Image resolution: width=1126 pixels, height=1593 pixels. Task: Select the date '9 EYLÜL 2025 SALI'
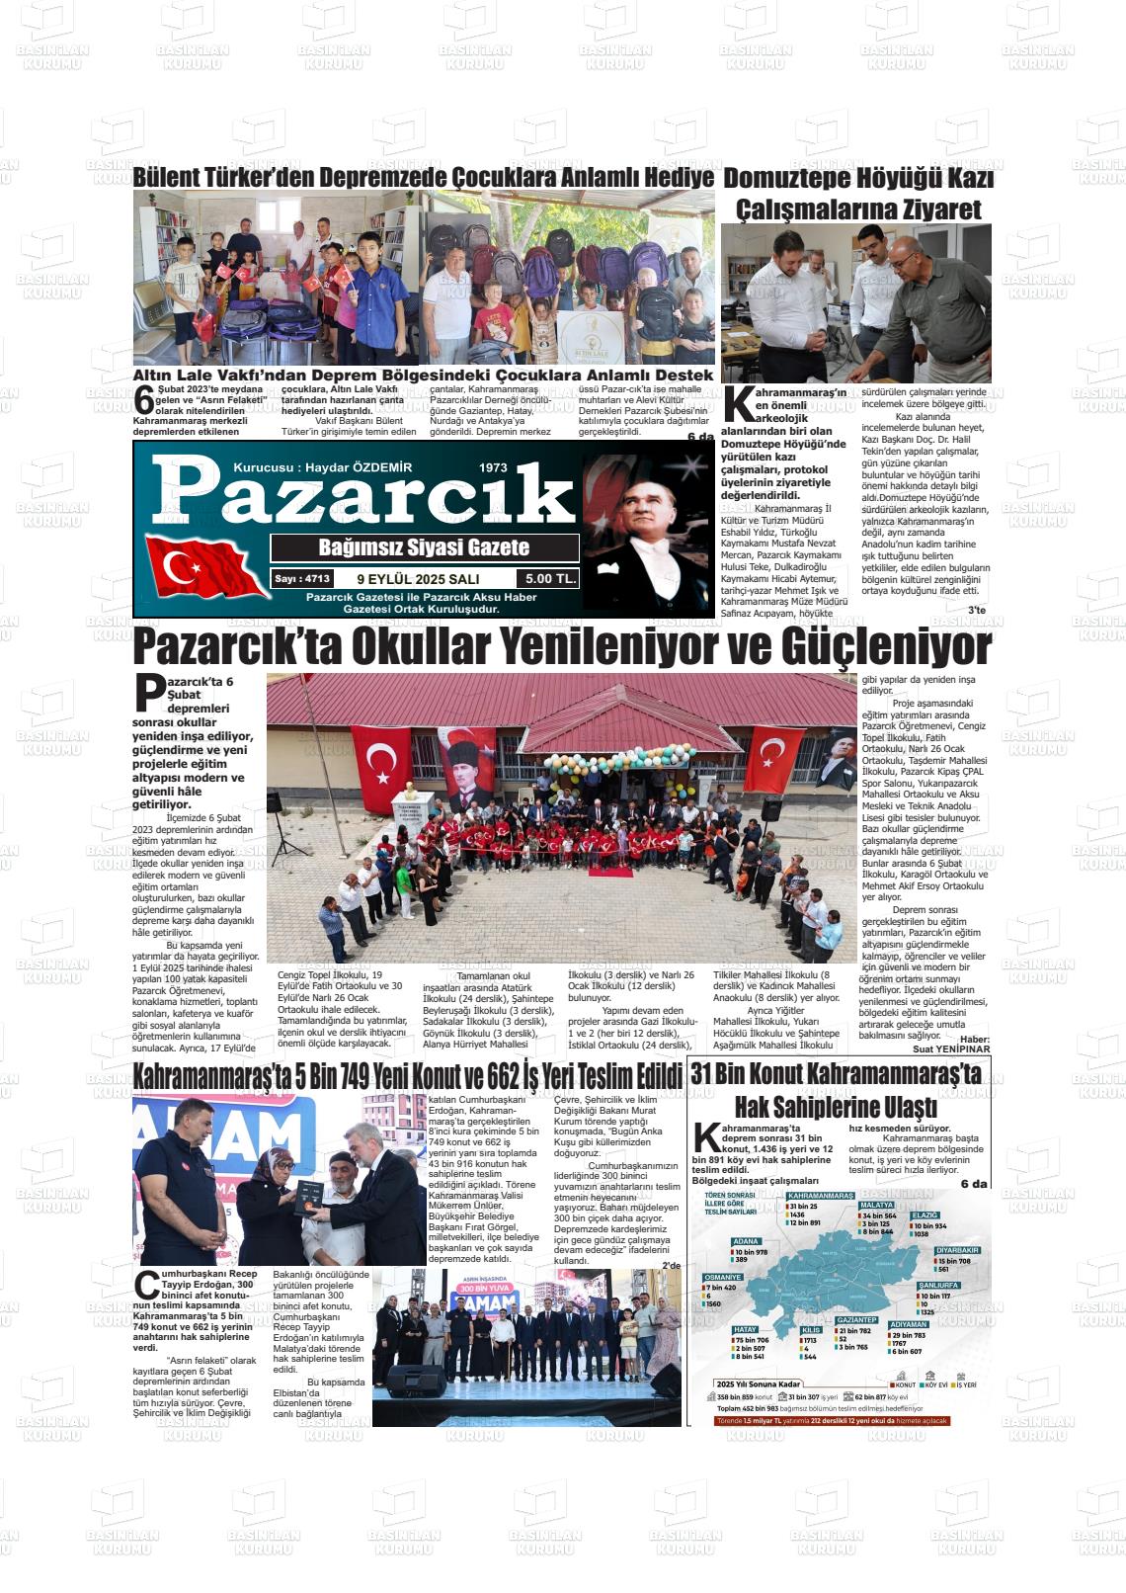(x=418, y=579)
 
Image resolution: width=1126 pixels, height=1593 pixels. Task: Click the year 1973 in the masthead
(x=493, y=467)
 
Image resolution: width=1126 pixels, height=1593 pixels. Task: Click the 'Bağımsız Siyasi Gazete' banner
(x=424, y=547)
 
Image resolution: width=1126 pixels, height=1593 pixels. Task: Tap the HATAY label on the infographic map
(x=746, y=1329)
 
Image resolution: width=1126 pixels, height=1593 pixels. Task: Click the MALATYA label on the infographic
(x=877, y=1206)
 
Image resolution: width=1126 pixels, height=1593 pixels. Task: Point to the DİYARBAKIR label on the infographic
(x=958, y=1250)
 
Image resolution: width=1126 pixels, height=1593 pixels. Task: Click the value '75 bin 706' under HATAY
(x=753, y=1340)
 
